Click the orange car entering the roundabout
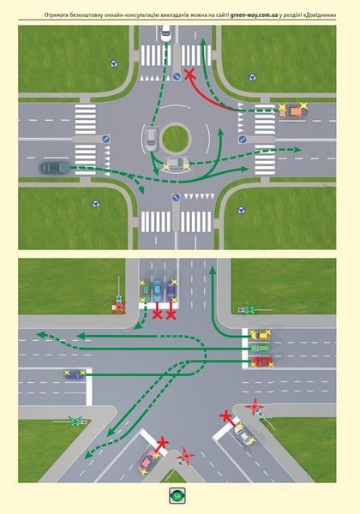coord(293,111)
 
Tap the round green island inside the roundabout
coord(176,138)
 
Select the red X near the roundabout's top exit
coord(189,75)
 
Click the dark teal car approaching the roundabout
coord(55,167)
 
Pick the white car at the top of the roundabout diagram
coord(166,33)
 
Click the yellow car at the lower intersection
coord(261,335)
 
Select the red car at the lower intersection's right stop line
coord(262,362)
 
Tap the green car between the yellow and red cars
coord(261,348)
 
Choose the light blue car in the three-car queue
coord(157,290)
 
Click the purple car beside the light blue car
coord(171,291)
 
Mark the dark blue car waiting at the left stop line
coord(75,374)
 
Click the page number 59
coord(177,496)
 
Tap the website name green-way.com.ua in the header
coord(254,15)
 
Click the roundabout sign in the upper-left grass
coord(113,63)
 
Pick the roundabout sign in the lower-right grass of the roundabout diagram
coord(241,210)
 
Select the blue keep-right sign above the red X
coord(177,77)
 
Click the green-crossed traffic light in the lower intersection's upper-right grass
coord(250,310)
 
